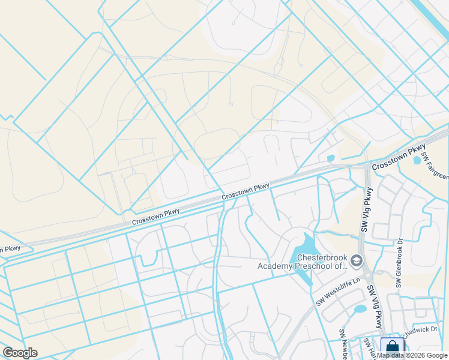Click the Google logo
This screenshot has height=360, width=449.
tap(20, 353)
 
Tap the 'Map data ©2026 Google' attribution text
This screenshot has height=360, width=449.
tap(412, 355)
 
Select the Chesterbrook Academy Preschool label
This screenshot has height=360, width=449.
tap(303, 262)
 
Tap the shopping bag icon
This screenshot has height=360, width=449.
tap(391, 347)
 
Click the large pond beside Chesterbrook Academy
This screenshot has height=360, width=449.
tap(305, 252)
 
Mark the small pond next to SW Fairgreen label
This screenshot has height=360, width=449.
tap(418, 160)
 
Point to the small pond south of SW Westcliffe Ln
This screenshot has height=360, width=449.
tap(360, 309)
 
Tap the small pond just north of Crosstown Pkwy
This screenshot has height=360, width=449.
tap(331, 158)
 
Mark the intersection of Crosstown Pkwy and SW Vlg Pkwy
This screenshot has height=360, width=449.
tap(367, 167)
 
